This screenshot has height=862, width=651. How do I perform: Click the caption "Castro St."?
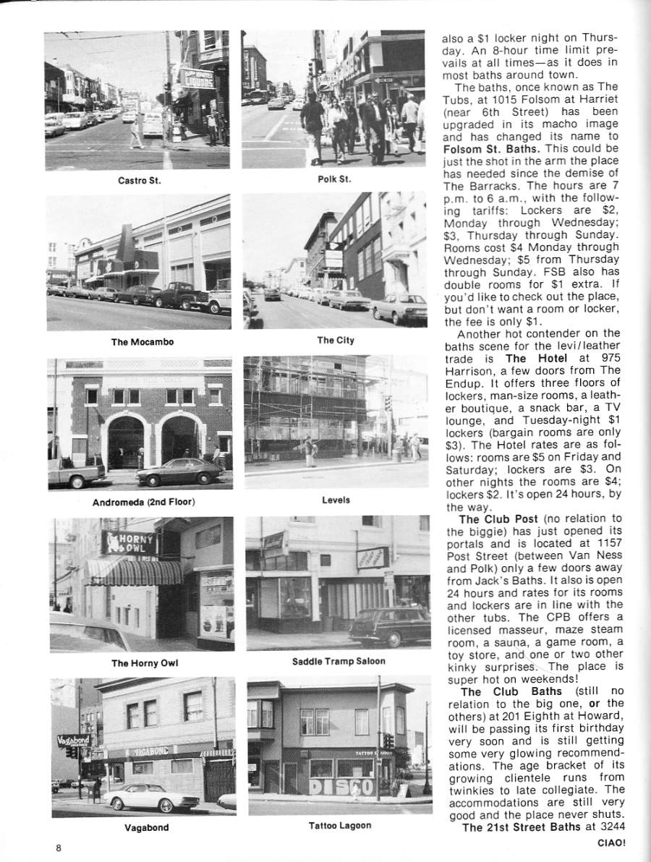tap(139, 180)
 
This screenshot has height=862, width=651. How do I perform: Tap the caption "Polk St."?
tap(334, 179)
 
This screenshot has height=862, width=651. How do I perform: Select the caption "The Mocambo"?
tap(142, 342)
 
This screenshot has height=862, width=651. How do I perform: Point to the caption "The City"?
tap(336, 340)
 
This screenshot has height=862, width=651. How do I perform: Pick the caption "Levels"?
tap(336, 500)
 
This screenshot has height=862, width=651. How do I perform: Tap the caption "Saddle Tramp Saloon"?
tap(339, 661)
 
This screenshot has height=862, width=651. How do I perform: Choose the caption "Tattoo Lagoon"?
tap(339, 825)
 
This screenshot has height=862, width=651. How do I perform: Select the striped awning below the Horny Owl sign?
tap(133, 573)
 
